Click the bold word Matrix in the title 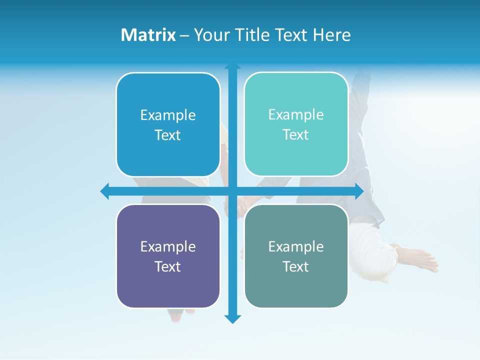(148, 35)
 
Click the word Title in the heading (248, 35)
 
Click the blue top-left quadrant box (168, 124)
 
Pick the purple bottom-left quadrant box (168, 256)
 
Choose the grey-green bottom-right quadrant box (296, 256)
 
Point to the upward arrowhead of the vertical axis (232, 66)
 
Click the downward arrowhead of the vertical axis (232, 318)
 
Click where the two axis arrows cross (232, 191)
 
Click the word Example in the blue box (168, 115)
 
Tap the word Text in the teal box (296, 134)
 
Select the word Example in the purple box (168, 246)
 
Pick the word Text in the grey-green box (296, 266)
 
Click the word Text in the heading (291, 35)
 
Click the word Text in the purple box (168, 266)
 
